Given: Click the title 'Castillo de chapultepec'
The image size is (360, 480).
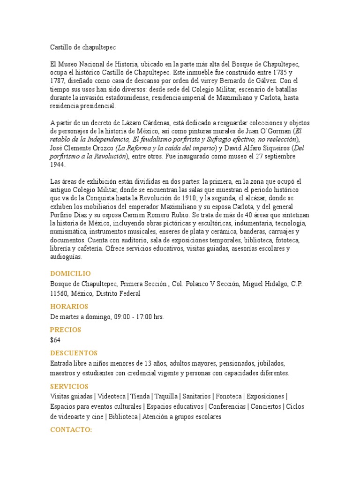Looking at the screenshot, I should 82,47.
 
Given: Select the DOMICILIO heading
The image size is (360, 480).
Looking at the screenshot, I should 70,273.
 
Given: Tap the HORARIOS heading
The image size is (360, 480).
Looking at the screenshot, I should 69,306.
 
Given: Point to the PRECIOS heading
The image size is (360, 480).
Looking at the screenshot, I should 66,330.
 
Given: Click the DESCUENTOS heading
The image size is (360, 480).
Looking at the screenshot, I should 74,353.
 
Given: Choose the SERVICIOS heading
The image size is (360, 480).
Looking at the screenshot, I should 69,386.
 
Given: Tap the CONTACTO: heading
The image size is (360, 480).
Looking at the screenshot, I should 71,429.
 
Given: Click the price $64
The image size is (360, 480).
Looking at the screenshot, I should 55,340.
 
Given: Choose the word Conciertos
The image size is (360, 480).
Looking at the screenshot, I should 266,406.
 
